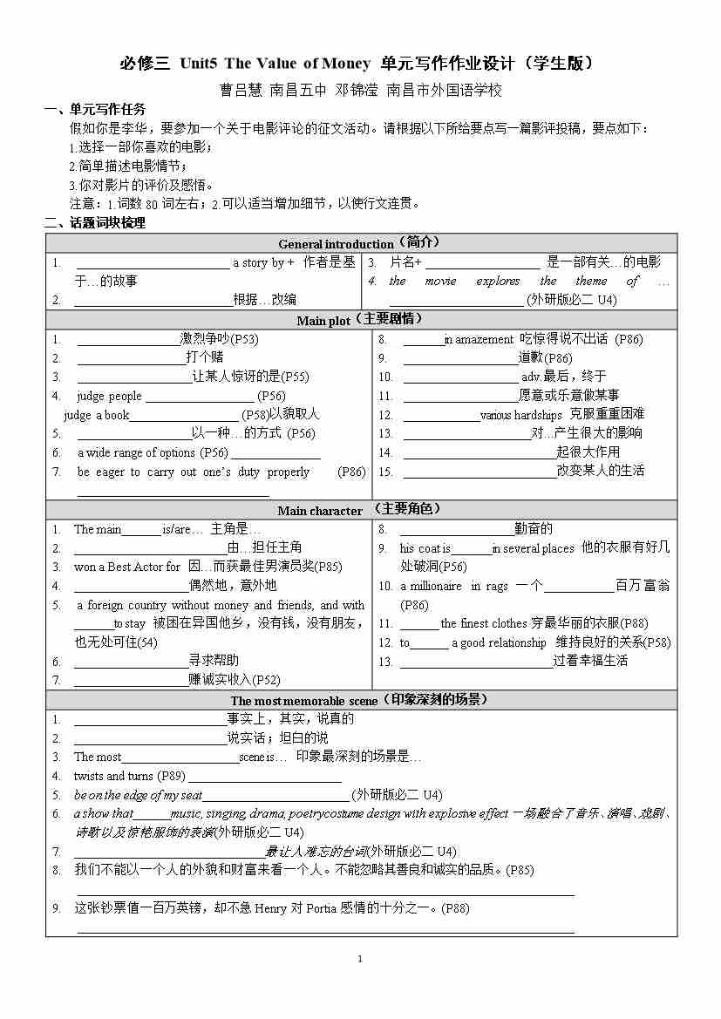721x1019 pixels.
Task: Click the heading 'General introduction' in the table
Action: point(336,244)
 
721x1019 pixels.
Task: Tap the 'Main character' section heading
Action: point(320,511)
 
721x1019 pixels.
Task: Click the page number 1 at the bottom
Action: point(359,959)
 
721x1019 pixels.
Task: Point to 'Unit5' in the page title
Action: point(199,64)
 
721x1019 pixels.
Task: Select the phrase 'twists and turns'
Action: point(113,776)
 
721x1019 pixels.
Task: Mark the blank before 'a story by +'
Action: point(153,263)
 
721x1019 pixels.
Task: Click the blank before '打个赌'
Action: point(131,358)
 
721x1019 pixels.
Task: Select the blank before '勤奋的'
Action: point(455,529)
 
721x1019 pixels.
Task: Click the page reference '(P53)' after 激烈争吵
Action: point(244,339)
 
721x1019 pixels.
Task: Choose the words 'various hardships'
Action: point(521,415)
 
